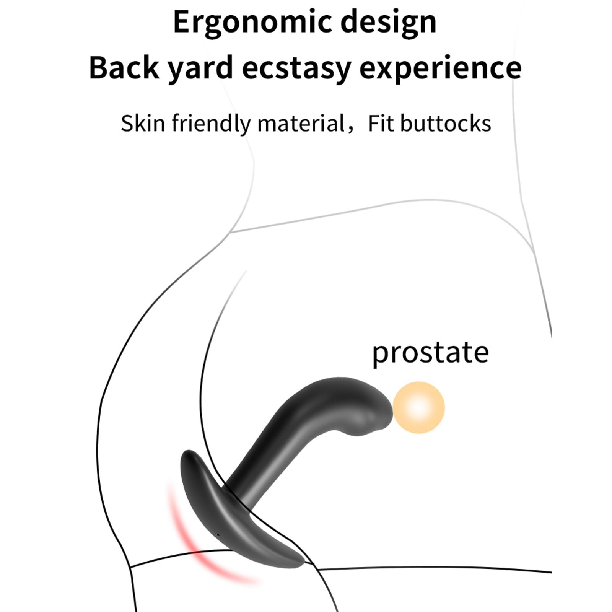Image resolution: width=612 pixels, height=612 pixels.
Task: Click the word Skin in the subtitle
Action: click(143, 123)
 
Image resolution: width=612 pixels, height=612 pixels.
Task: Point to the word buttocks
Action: click(446, 123)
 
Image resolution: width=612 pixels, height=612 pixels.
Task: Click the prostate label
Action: click(430, 353)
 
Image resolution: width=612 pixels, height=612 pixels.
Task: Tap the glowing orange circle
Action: click(419, 407)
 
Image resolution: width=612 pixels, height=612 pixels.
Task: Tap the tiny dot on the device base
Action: click(218, 534)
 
